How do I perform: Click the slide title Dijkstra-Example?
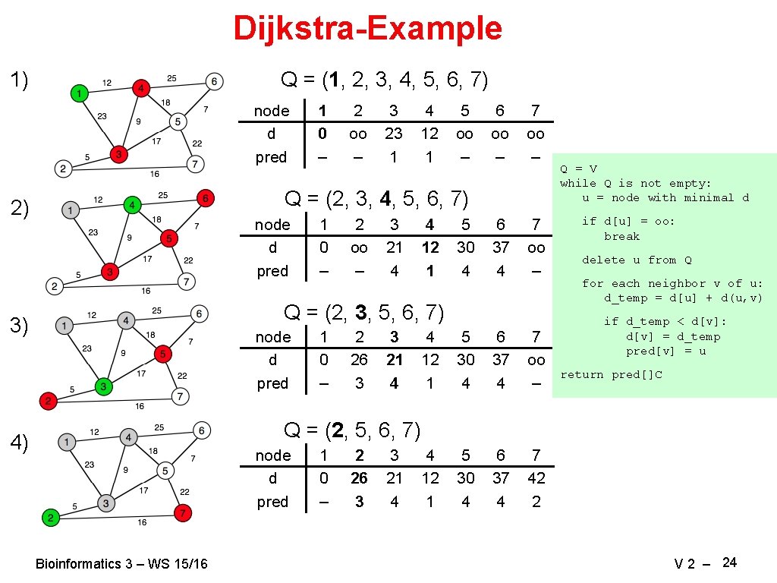367,29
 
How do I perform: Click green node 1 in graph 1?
79,93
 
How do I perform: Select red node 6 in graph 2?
204,199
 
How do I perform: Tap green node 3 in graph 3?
103,387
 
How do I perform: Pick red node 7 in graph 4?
182,513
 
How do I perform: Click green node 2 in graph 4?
50,518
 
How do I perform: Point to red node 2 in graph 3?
49,401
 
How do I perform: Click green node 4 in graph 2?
132,205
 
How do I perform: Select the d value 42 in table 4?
536,478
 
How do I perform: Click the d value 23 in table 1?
393,134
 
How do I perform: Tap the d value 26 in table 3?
359,360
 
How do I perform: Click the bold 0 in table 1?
322,134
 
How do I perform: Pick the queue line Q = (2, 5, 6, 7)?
352,430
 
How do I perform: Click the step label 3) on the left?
19,326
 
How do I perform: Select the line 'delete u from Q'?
637,260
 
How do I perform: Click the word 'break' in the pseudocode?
621,236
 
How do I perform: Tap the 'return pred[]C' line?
611,374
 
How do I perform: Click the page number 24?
730,563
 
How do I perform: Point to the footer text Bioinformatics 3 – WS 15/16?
121,564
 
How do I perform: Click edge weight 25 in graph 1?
171,78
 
